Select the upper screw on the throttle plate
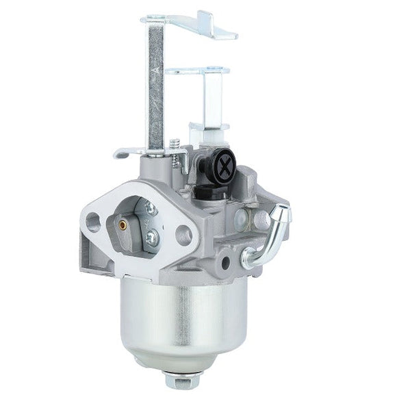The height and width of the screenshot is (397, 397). click(x=151, y=210)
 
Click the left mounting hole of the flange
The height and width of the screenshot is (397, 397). click(x=94, y=221)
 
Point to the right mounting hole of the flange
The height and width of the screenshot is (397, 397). click(x=183, y=234)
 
